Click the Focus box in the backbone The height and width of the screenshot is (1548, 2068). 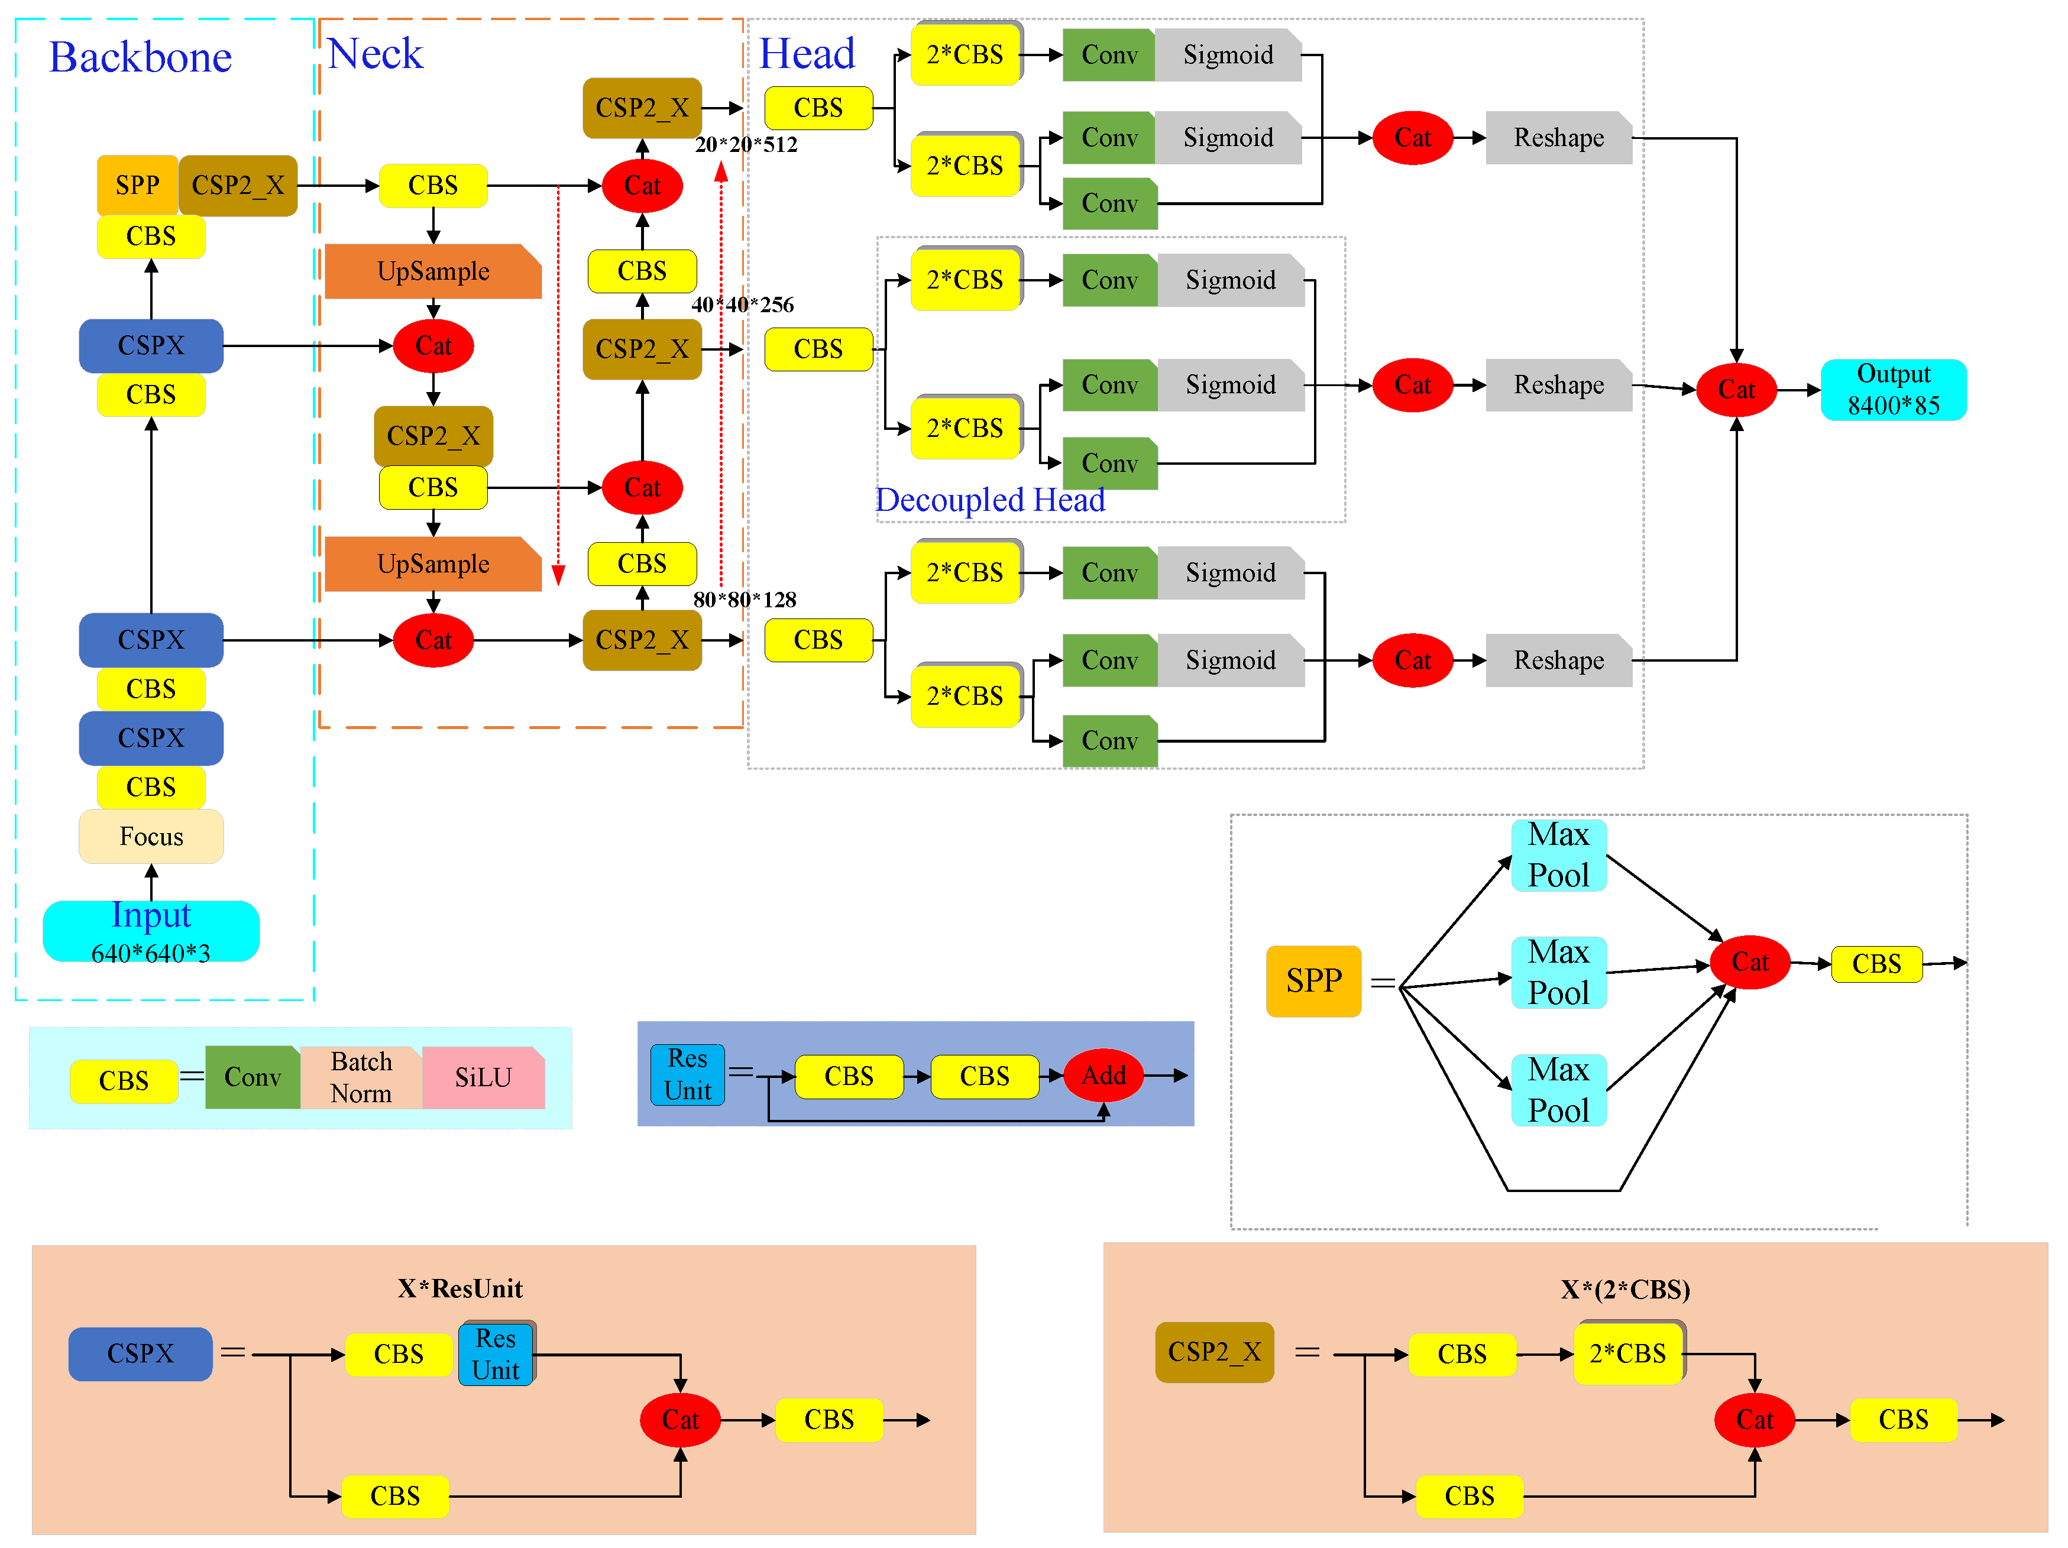tap(151, 835)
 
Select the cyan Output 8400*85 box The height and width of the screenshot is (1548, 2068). tap(1892, 389)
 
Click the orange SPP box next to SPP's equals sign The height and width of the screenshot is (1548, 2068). tap(1313, 980)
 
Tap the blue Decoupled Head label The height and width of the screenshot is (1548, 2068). tap(989, 500)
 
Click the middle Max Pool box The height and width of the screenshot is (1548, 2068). tap(1558, 972)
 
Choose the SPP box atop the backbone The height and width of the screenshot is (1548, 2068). tap(137, 185)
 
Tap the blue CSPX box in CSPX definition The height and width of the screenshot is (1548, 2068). tap(140, 1353)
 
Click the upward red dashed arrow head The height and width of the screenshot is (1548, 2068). tap(721, 172)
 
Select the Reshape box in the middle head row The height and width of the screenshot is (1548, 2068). tap(1558, 384)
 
